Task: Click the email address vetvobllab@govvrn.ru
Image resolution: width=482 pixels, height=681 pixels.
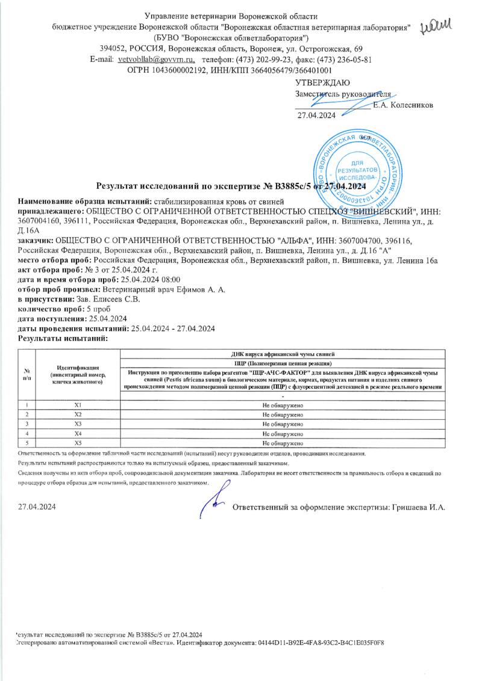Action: pos(156,60)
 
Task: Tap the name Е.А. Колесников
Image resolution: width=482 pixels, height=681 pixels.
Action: pos(402,105)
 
